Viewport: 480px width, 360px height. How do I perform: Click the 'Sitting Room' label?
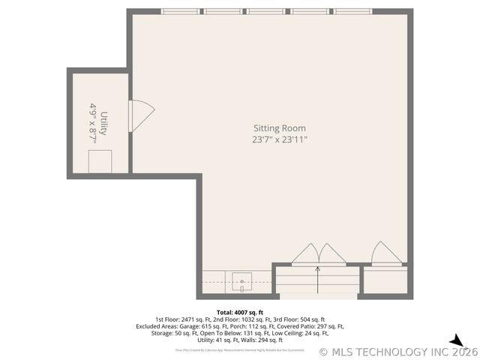[279, 128]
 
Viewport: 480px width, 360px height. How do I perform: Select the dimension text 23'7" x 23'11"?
[279, 139]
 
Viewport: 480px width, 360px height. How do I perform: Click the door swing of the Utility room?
[141, 113]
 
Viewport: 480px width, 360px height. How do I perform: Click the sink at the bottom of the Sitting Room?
[242, 282]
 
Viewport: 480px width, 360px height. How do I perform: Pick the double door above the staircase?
[318, 255]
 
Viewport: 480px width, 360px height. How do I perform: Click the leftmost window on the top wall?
[182, 12]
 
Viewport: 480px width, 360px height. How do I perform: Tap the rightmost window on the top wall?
[353, 12]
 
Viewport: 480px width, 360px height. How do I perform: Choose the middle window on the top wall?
[267, 12]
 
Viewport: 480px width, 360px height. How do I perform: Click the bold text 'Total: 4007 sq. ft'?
[240, 312]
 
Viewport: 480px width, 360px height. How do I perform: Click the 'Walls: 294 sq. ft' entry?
[259, 340]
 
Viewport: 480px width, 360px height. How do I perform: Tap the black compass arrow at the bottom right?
[456, 341]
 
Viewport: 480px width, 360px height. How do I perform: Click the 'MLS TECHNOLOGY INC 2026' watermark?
[398, 352]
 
